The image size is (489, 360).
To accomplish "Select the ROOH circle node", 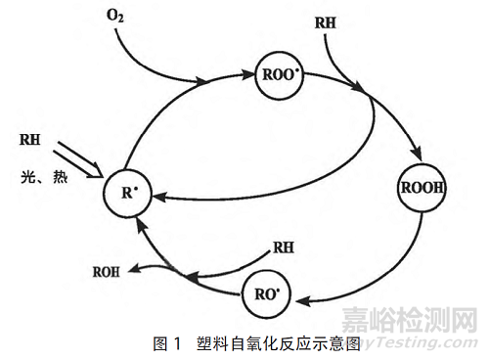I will [x=421, y=186].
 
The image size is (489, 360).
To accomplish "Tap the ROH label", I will [x=107, y=271].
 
